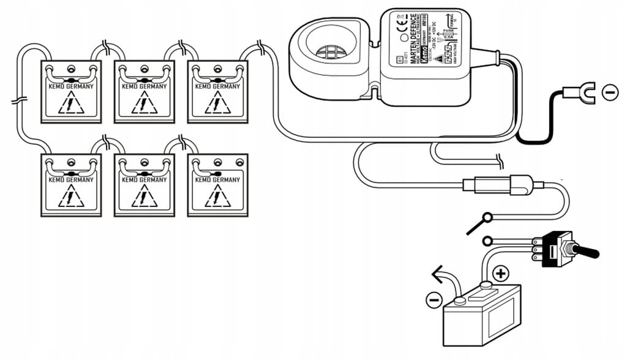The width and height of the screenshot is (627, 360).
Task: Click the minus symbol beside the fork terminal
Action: point(610,92)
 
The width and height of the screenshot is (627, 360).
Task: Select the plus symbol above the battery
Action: point(501,273)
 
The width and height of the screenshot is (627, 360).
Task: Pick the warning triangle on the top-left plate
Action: point(70,103)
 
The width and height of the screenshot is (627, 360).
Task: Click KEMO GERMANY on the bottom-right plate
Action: point(217,180)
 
